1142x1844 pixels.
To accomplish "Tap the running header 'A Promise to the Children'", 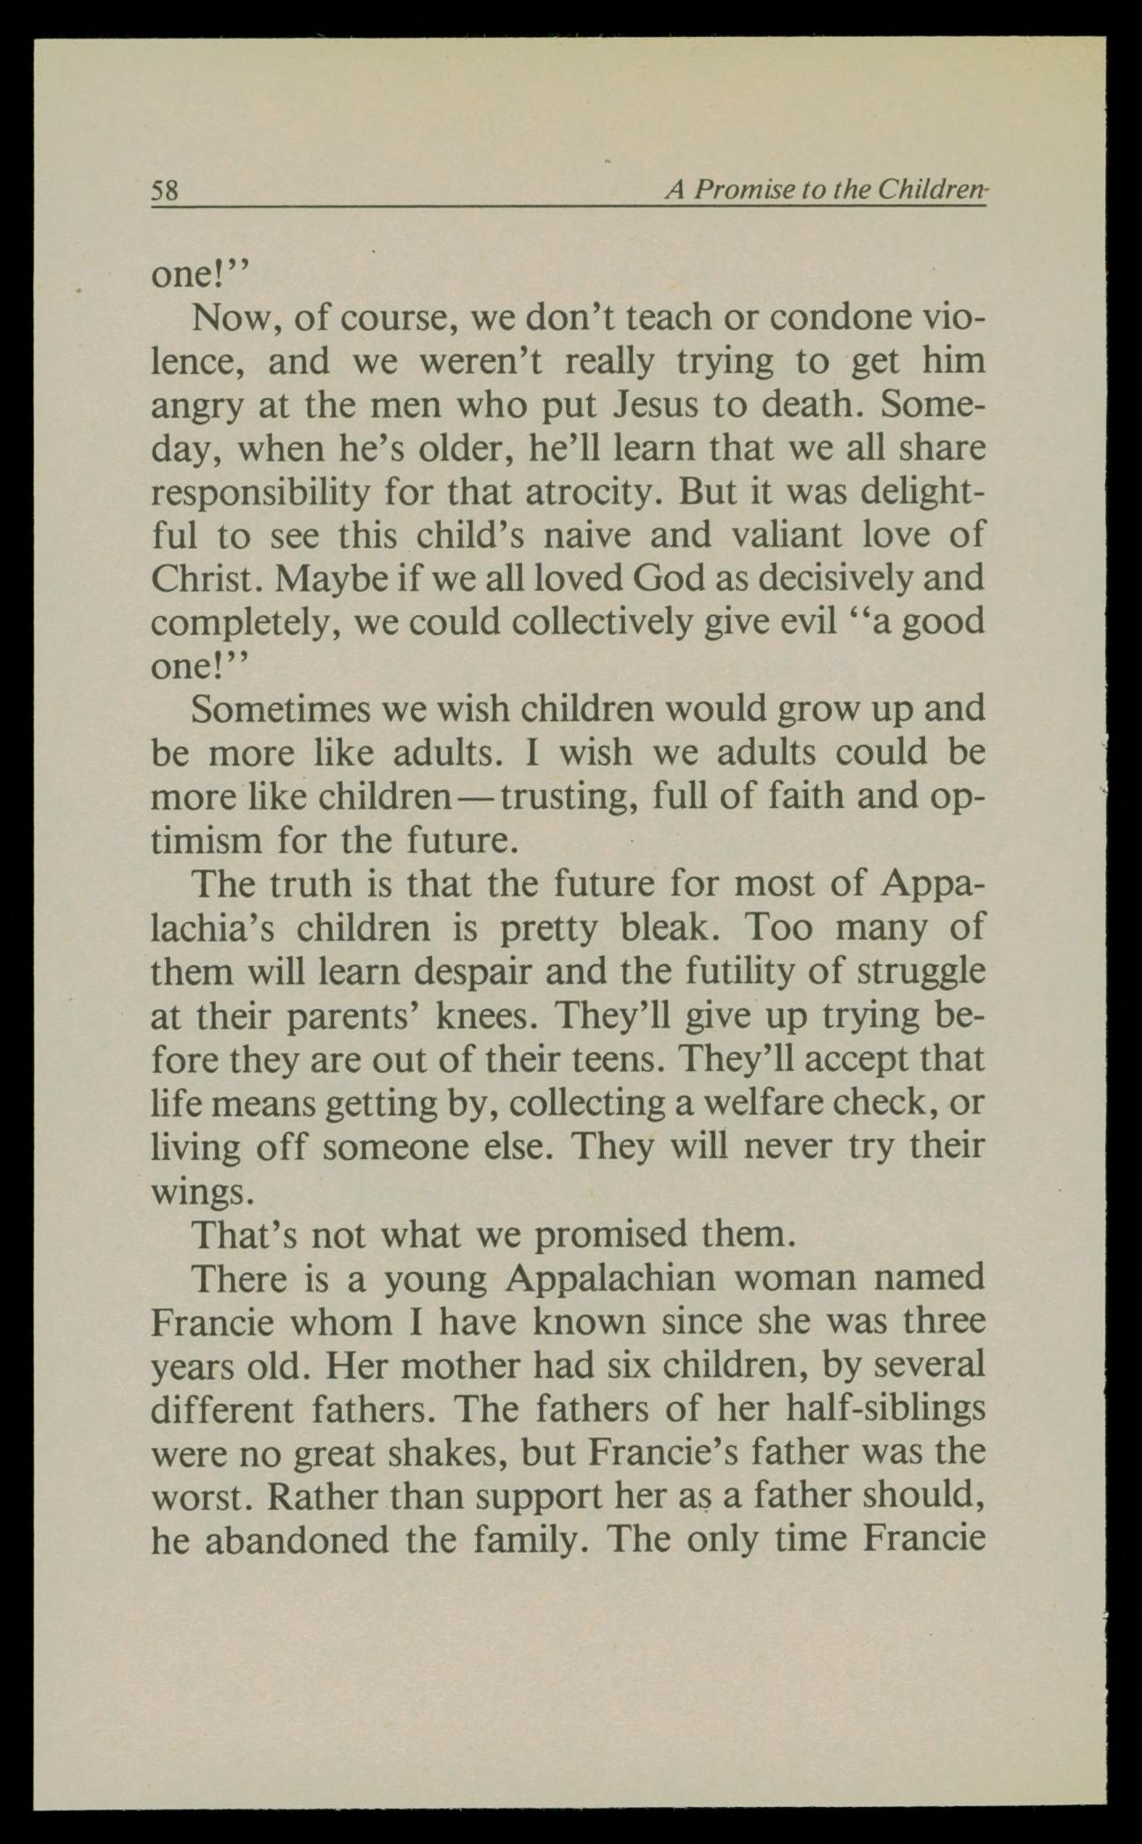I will click(825, 190).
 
